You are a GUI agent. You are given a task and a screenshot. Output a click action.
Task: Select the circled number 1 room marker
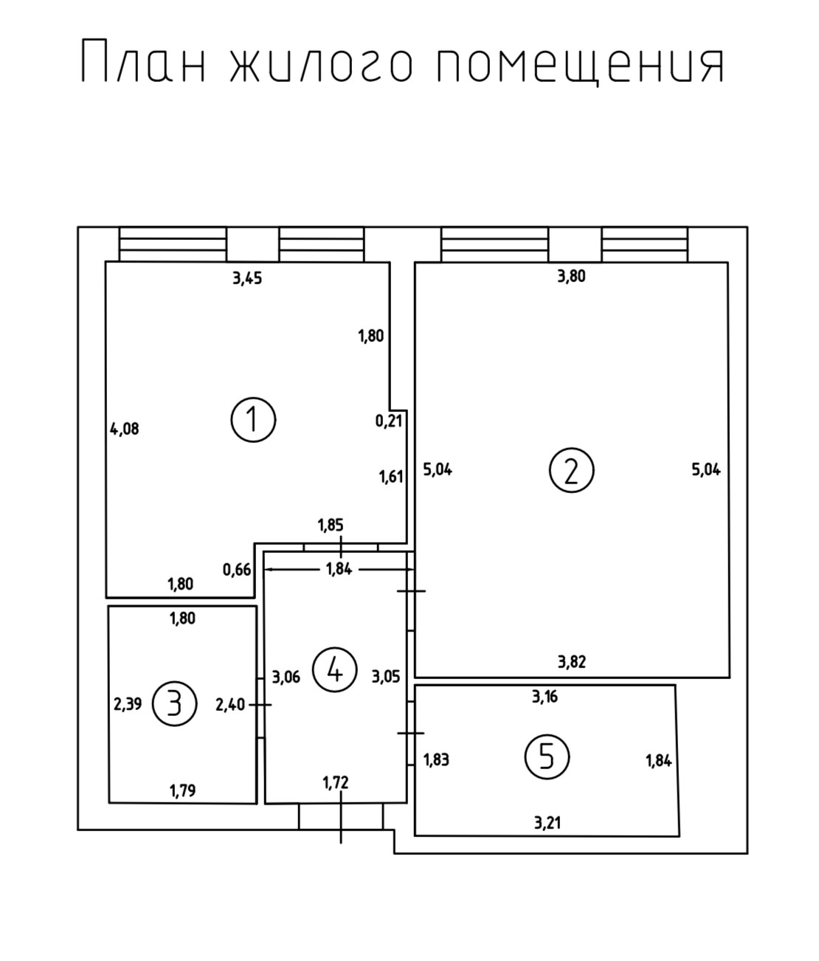[x=253, y=420]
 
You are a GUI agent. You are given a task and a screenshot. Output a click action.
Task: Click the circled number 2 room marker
[x=571, y=470]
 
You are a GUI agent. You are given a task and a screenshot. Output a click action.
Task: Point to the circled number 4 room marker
[x=335, y=670]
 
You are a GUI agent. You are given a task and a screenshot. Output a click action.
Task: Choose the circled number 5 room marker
[x=547, y=757]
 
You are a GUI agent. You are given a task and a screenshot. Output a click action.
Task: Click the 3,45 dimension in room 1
[x=247, y=278]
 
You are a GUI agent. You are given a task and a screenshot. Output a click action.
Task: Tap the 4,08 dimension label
[x=124, y=428]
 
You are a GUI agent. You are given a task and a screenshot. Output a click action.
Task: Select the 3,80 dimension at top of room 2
[x=571, y=278]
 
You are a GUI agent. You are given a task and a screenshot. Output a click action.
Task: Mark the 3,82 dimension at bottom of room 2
[x=572, y=661]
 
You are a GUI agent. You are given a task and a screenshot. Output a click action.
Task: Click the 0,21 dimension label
[x=390, y=421]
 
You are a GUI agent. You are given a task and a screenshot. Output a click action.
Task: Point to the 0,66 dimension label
[x=237, y=570]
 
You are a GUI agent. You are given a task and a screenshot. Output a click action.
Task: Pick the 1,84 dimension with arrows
[x=338, y=569]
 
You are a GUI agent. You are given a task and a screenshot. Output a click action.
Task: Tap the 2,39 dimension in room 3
[x=128, y=704]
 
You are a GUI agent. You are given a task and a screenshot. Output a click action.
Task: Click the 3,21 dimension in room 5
[x=547, y=821]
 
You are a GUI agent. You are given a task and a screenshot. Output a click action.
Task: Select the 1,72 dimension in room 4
[x=336, y=783]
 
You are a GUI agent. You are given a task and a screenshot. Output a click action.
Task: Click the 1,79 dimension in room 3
[x=182, y=791]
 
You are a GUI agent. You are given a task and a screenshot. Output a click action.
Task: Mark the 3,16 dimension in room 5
[x=545, y=696]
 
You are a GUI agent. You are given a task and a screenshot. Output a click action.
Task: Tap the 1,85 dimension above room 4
[x=331, y=526]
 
